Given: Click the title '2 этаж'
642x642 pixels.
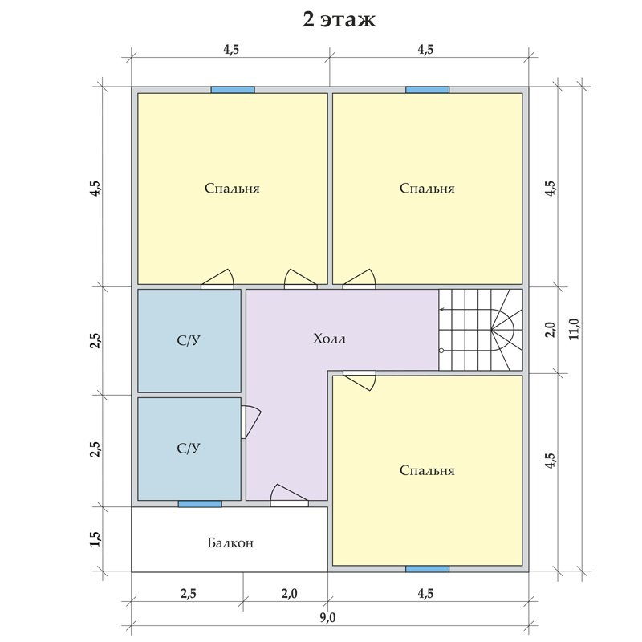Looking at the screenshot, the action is tap(339, 19).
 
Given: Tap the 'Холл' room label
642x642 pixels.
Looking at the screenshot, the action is tap(329, 339).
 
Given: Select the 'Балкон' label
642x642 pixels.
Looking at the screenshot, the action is tap(230, 543).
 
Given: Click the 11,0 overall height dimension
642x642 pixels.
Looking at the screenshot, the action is tap(575, 329).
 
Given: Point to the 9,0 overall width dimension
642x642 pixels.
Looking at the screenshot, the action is tap(327, 616).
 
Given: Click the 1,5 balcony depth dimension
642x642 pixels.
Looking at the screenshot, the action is tap(95, 538).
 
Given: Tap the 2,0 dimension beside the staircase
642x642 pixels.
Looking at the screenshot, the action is tap(551, 330).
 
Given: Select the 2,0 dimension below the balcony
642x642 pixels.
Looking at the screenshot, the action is tap(289, 593).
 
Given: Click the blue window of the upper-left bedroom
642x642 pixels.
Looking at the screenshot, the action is tap(233, 90).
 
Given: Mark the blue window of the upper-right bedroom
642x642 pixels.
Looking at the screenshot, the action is tap(427, 90).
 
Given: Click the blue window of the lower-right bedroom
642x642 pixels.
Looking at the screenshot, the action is tap(427, 569).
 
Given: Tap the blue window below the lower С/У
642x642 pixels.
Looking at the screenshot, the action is tap(200, 504).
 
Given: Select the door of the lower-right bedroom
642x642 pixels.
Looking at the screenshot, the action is tap(359, 380).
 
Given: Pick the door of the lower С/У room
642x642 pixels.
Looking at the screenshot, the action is tap(250, 422).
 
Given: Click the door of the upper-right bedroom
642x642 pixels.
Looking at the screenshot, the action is tap(359, 279).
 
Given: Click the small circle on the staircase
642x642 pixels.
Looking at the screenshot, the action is tap(441, 351).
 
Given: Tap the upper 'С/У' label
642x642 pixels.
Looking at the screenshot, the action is tap(189, 340).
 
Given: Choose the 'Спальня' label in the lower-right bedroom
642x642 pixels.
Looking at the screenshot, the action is tap(427, 470).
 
